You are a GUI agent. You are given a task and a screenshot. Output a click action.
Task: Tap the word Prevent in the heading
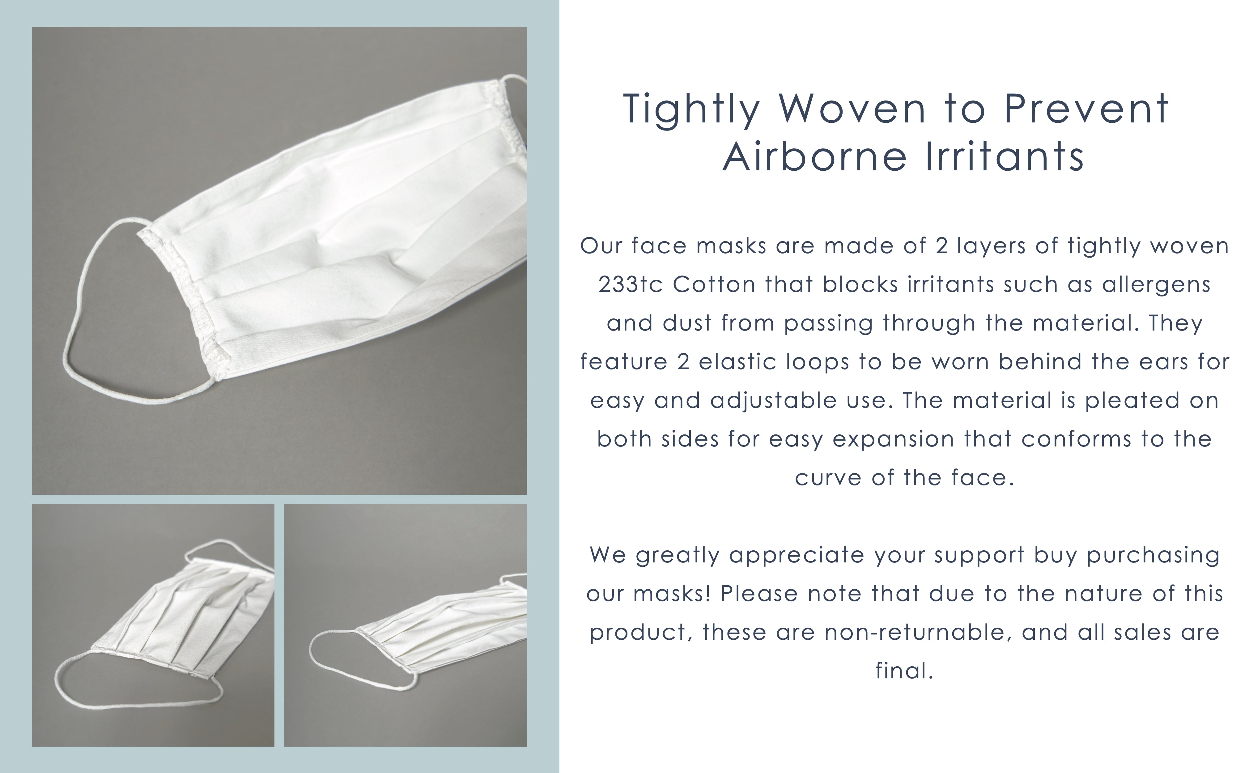[1086, 109]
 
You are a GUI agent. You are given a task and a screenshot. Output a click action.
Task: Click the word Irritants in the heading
[1005, 156]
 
